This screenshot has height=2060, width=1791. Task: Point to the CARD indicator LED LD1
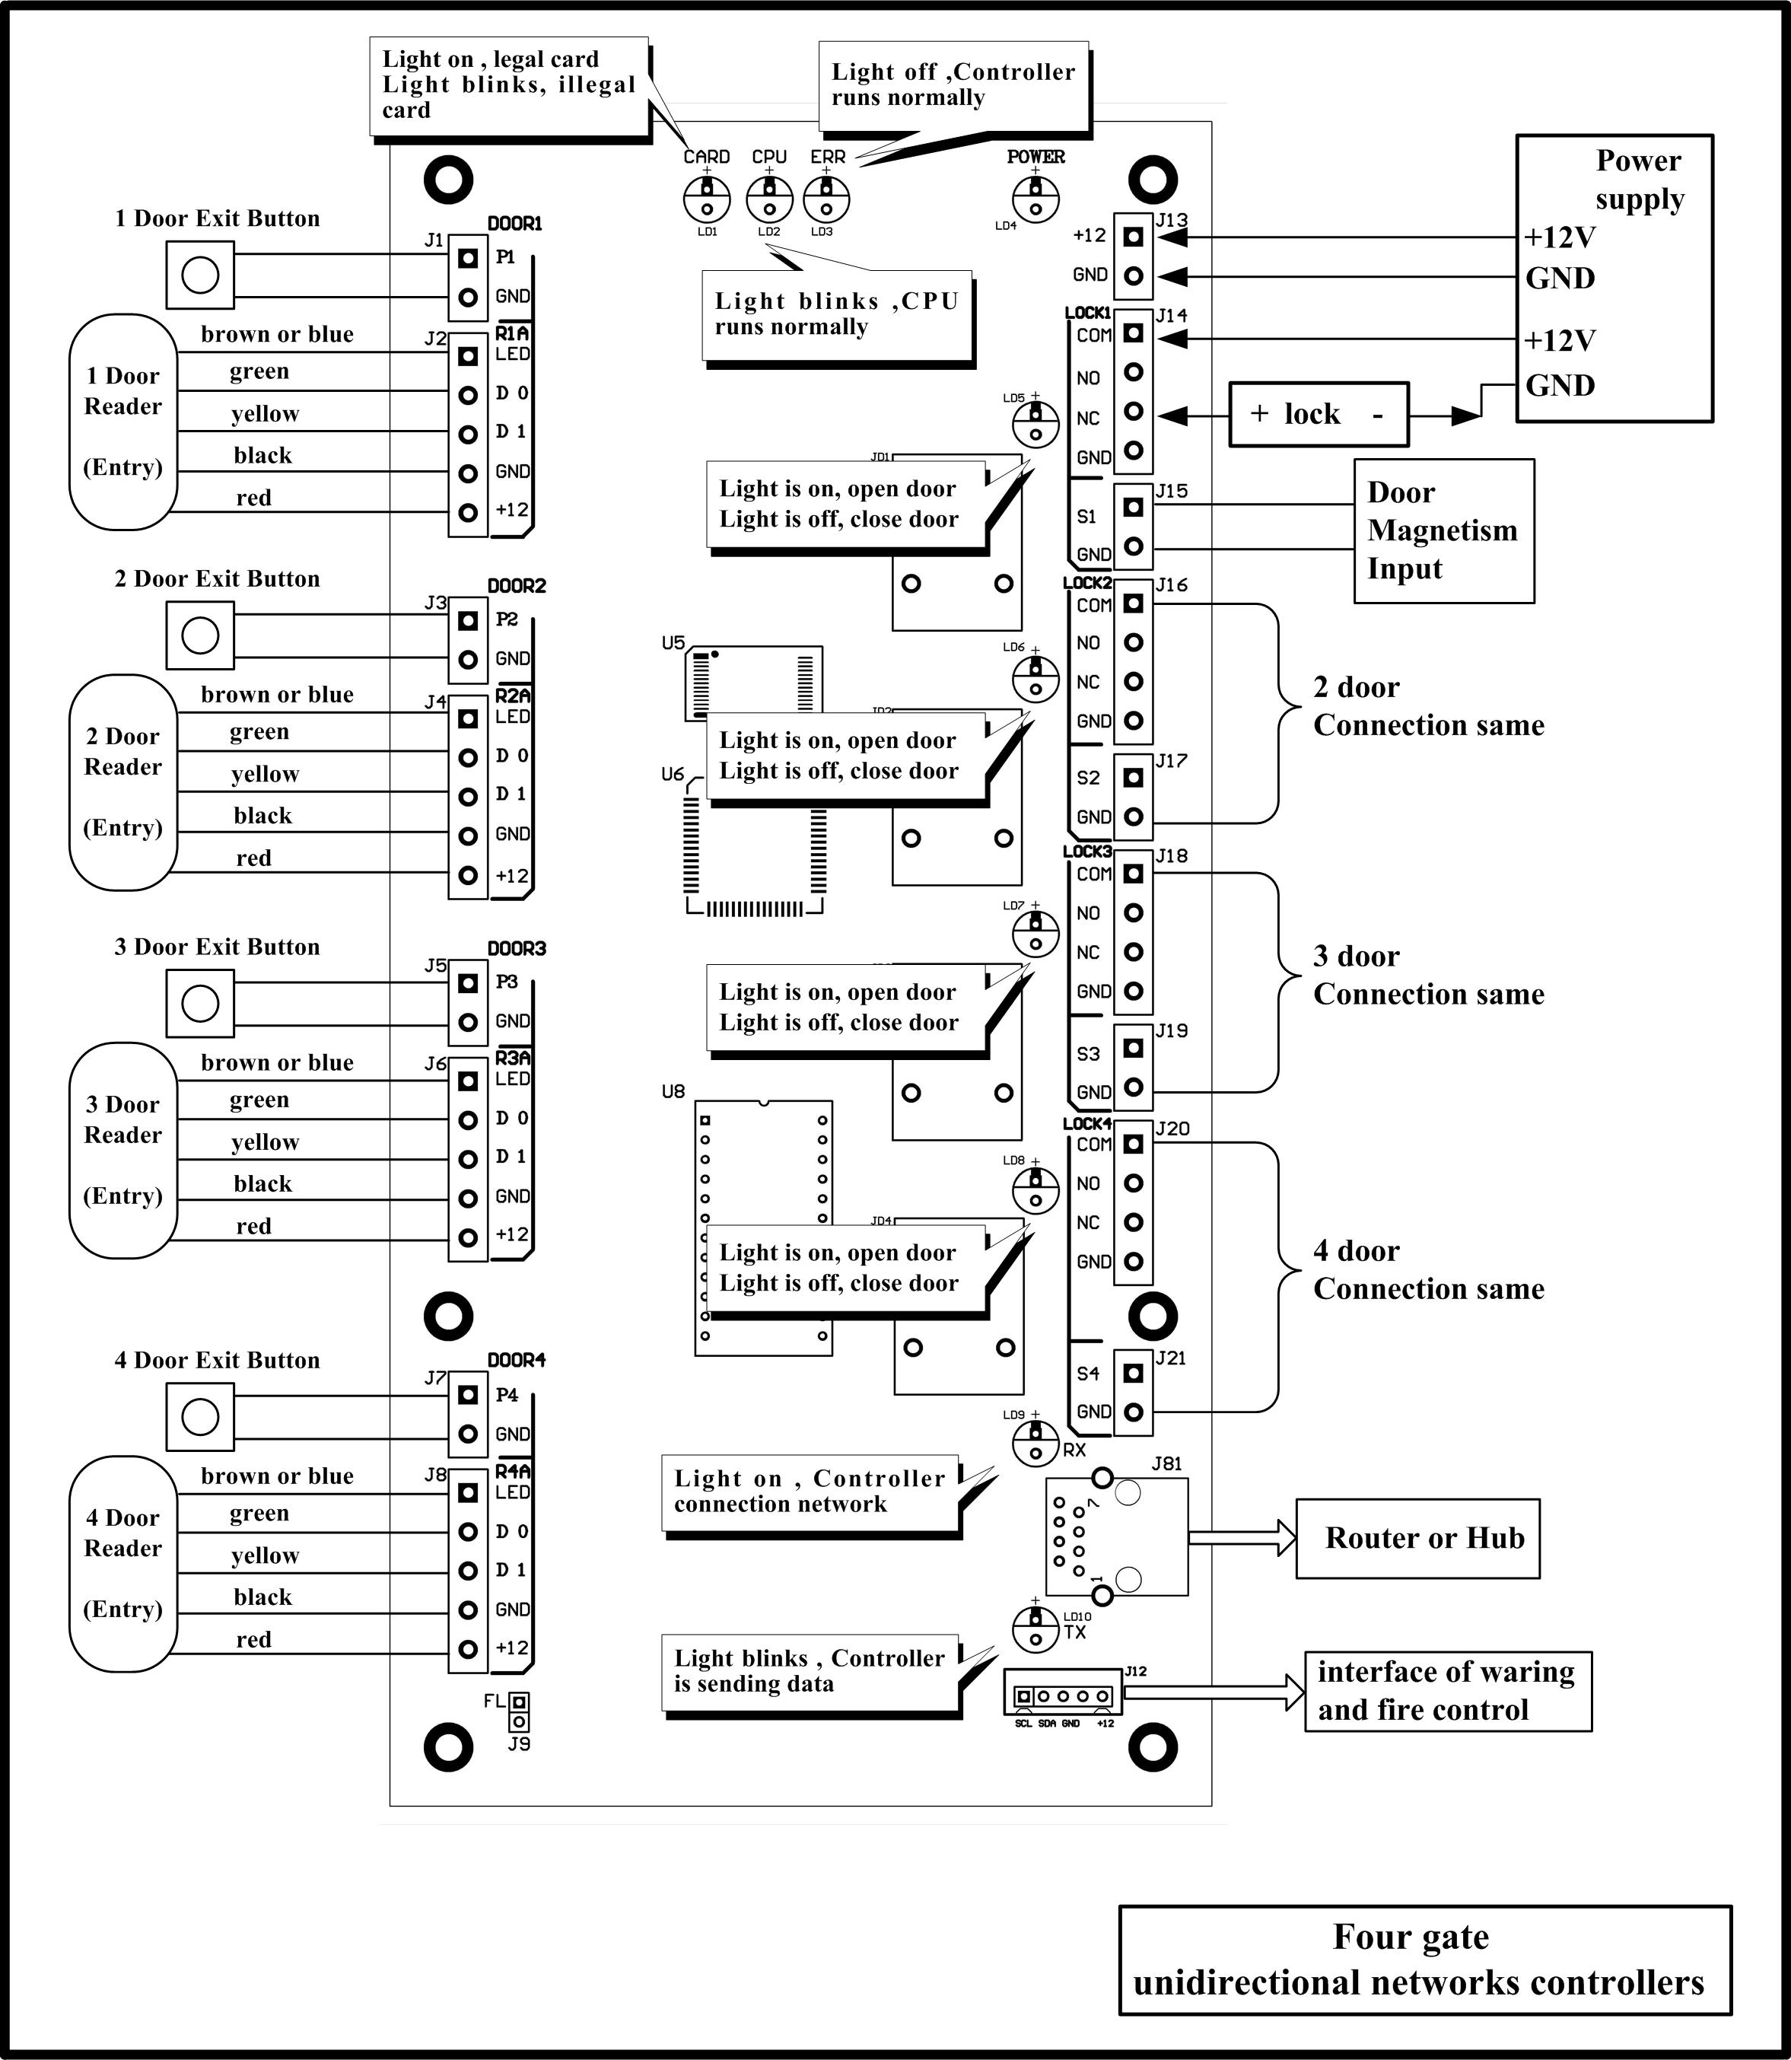[x=708, y=198]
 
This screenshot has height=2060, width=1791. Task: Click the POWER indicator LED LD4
[x=1035, y=198]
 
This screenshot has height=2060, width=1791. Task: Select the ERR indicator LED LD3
[x=826, y=198]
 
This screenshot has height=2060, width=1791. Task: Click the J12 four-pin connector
[x=1062, y=1696]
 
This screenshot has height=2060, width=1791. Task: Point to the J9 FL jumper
[x=519, y=1711]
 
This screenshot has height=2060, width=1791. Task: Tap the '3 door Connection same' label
[x=1428, y=975]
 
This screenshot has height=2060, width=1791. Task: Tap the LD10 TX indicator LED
[x=1035, y=1629]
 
